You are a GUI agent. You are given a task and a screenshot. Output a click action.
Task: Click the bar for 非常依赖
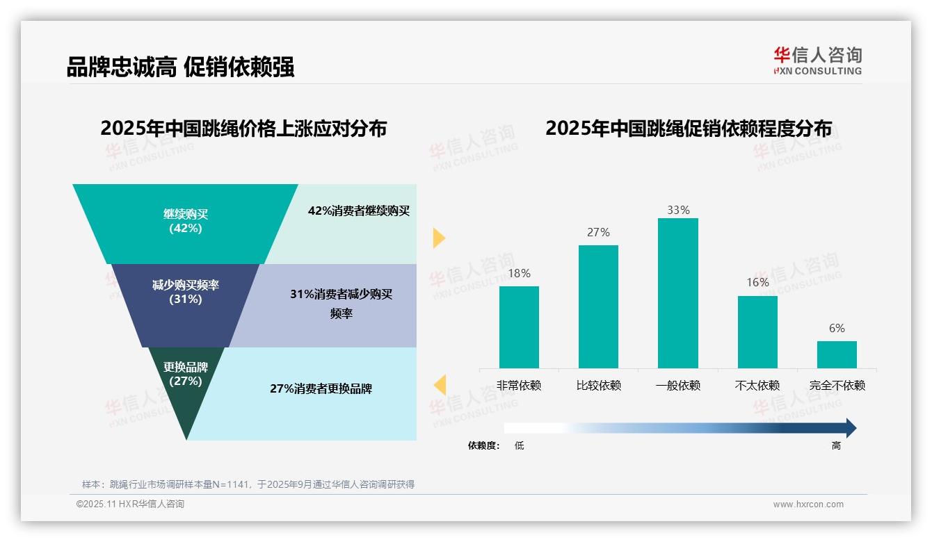coord(519,327)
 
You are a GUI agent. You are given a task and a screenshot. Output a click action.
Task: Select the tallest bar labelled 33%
coord(677,293)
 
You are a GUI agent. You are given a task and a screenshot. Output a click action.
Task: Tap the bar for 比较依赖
coord(598,306)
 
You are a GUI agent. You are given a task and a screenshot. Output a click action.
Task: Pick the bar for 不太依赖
coord(757,331)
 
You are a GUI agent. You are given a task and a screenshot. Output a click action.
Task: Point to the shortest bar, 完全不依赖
coord(837,354)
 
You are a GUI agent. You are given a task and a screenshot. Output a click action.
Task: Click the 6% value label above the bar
coord(837,328)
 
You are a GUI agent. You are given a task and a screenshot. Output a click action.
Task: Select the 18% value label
coord(519,273)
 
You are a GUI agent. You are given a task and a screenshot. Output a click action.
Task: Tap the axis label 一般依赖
coord(677,386)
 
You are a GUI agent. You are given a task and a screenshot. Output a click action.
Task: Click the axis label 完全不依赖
coord(837,386)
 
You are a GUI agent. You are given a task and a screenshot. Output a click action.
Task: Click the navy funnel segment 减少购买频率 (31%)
coord(186,299)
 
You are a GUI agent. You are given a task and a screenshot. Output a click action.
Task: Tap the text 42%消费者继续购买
coord(359,211)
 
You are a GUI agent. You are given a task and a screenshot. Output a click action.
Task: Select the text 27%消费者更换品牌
coord(321,388)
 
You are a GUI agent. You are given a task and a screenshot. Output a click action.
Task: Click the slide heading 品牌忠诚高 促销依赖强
coord(180,67)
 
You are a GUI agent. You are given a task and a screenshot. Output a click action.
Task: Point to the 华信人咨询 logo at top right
coord(817,60)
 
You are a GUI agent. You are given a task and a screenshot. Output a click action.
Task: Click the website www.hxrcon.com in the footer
coord(808,504)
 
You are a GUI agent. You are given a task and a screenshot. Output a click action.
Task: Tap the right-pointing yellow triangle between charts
coord(438,238)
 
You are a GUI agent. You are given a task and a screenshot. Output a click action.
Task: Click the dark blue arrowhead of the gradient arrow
coord(850,428)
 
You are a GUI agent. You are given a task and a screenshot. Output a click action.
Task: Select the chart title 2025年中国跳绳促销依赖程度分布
coord(688,129)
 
